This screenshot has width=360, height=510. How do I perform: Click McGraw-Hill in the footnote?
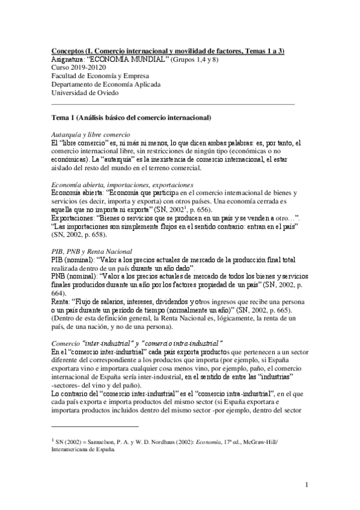coord(260,441)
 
